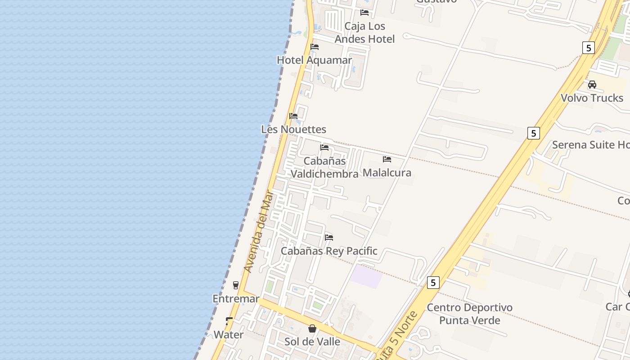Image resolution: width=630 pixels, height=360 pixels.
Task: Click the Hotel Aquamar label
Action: tap(314, 60)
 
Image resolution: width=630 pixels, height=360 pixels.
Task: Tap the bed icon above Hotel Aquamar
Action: tap(315, 47)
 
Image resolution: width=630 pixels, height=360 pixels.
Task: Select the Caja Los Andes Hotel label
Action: tap(365, 32)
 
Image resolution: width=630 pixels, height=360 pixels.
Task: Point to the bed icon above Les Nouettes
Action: tap(293, 116)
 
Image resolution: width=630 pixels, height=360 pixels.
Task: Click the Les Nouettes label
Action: tap(293, 130)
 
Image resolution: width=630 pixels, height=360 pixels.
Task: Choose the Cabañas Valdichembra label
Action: tap(324, 167)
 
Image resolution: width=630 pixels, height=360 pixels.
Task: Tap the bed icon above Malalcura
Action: tap(387, 159)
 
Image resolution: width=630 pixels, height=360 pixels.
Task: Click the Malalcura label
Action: tap(387, 173)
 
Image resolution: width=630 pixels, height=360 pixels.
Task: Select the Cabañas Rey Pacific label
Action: tap(329, 251)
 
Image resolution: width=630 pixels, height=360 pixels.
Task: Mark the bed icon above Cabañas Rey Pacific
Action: tap(329, 238)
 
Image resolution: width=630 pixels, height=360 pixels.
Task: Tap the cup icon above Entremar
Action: tap(235, 285)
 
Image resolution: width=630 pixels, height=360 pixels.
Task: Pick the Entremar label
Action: tap(236, 299)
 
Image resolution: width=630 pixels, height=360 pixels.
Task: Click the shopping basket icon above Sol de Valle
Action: tap(312, 329)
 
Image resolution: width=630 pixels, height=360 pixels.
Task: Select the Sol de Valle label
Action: tap(312, 342)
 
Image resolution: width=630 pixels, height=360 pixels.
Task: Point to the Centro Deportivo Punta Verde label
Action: tap(469, 314)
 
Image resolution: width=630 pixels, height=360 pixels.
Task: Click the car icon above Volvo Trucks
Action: tap(592, 85)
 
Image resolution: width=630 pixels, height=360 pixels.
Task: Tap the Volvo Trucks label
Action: tap(592, 98)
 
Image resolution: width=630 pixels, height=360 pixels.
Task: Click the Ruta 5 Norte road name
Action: tap(396, 336)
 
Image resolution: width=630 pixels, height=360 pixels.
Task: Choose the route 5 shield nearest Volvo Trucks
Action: tap(588, 47)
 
